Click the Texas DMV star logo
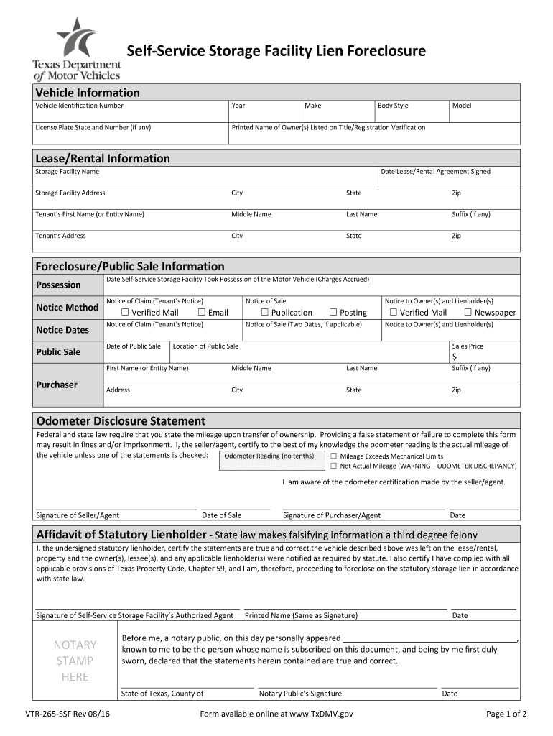(75, 37)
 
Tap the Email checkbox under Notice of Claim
(203, 312)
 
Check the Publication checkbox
(264, 312)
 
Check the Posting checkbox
(333, 312)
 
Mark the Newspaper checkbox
(468, 312)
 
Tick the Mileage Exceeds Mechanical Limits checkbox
(333, 456)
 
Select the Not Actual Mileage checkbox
(333, 466)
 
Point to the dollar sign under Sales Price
(454, 357)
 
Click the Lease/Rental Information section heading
(103, 158)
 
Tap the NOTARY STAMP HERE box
(75, 661)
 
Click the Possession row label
(59, 285)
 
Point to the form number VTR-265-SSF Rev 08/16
(67, 714)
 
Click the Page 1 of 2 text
(506, 714)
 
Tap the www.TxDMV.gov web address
(321, 714)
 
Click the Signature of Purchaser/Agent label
(332, 515)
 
